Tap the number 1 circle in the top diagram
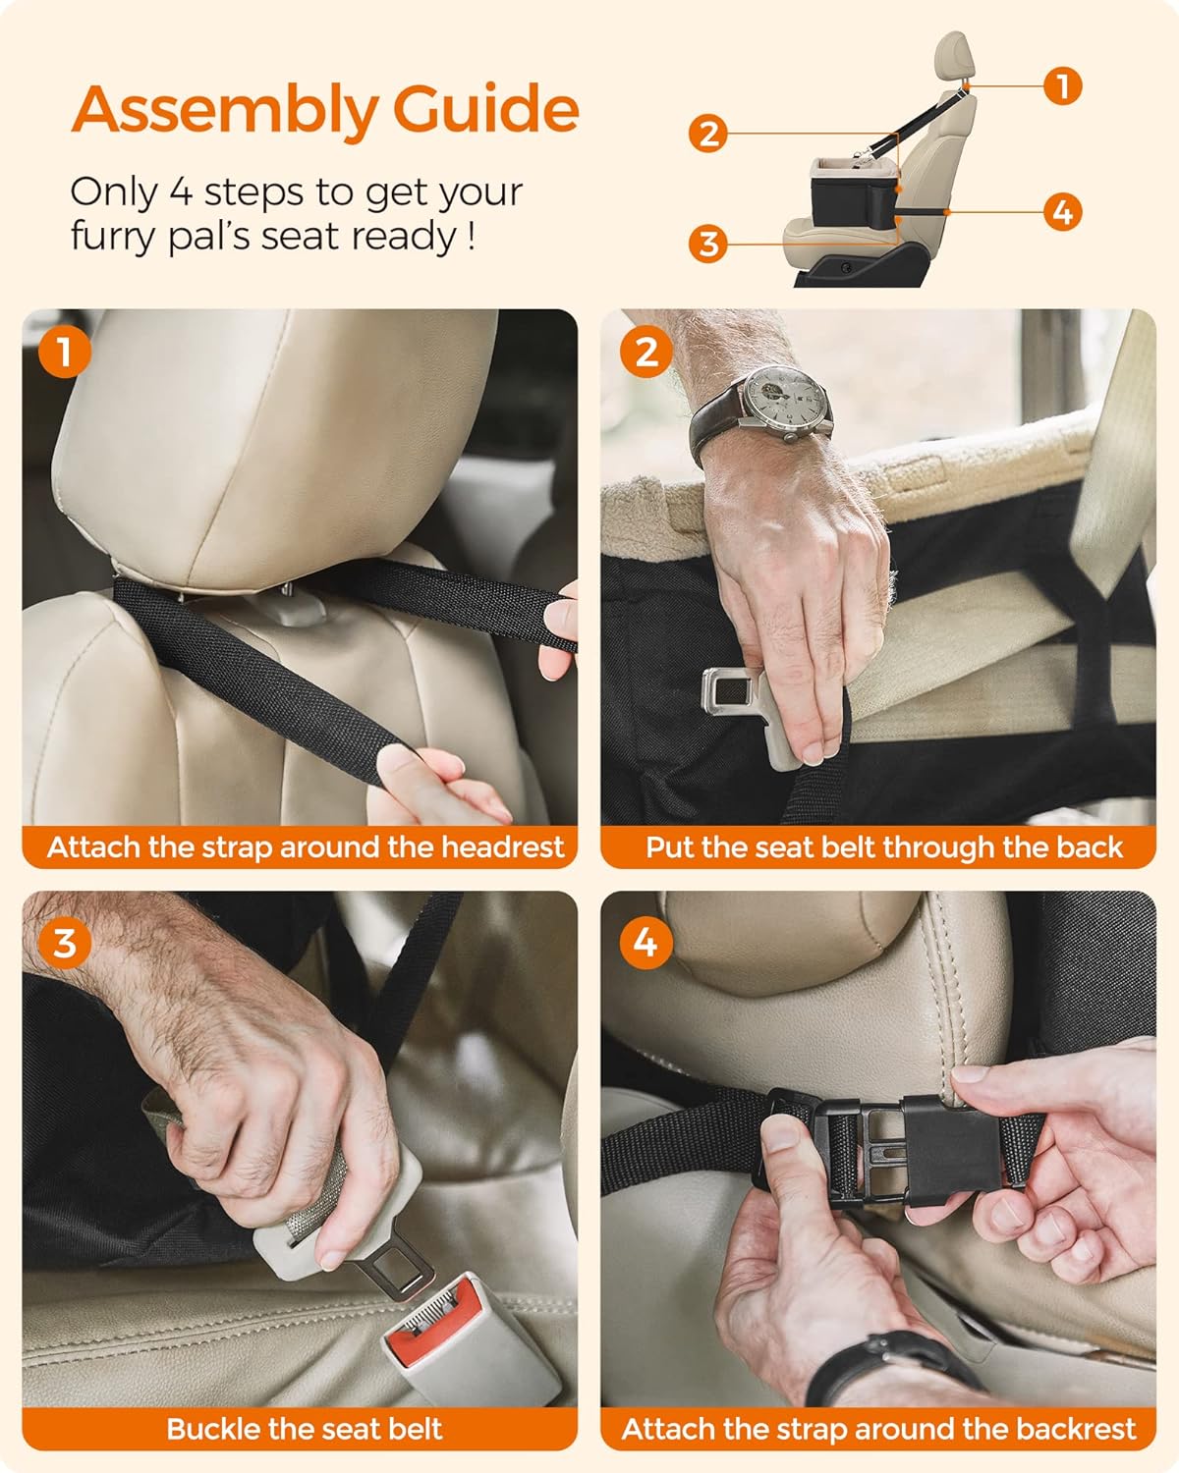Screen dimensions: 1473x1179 click(1062, 85)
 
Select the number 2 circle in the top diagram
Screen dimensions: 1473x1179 click(708, 133)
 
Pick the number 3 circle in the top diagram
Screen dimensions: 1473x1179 click(708, 243)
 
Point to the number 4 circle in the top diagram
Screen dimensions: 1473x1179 click(1062, 211)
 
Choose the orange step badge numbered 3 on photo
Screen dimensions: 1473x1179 click(65, 943)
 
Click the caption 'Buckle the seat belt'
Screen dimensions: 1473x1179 click(305, 1429)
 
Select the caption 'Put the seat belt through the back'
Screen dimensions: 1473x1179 click(883, 846)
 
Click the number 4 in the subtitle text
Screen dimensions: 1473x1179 click(180, 192)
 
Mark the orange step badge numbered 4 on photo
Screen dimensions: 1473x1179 click(646, 943)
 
